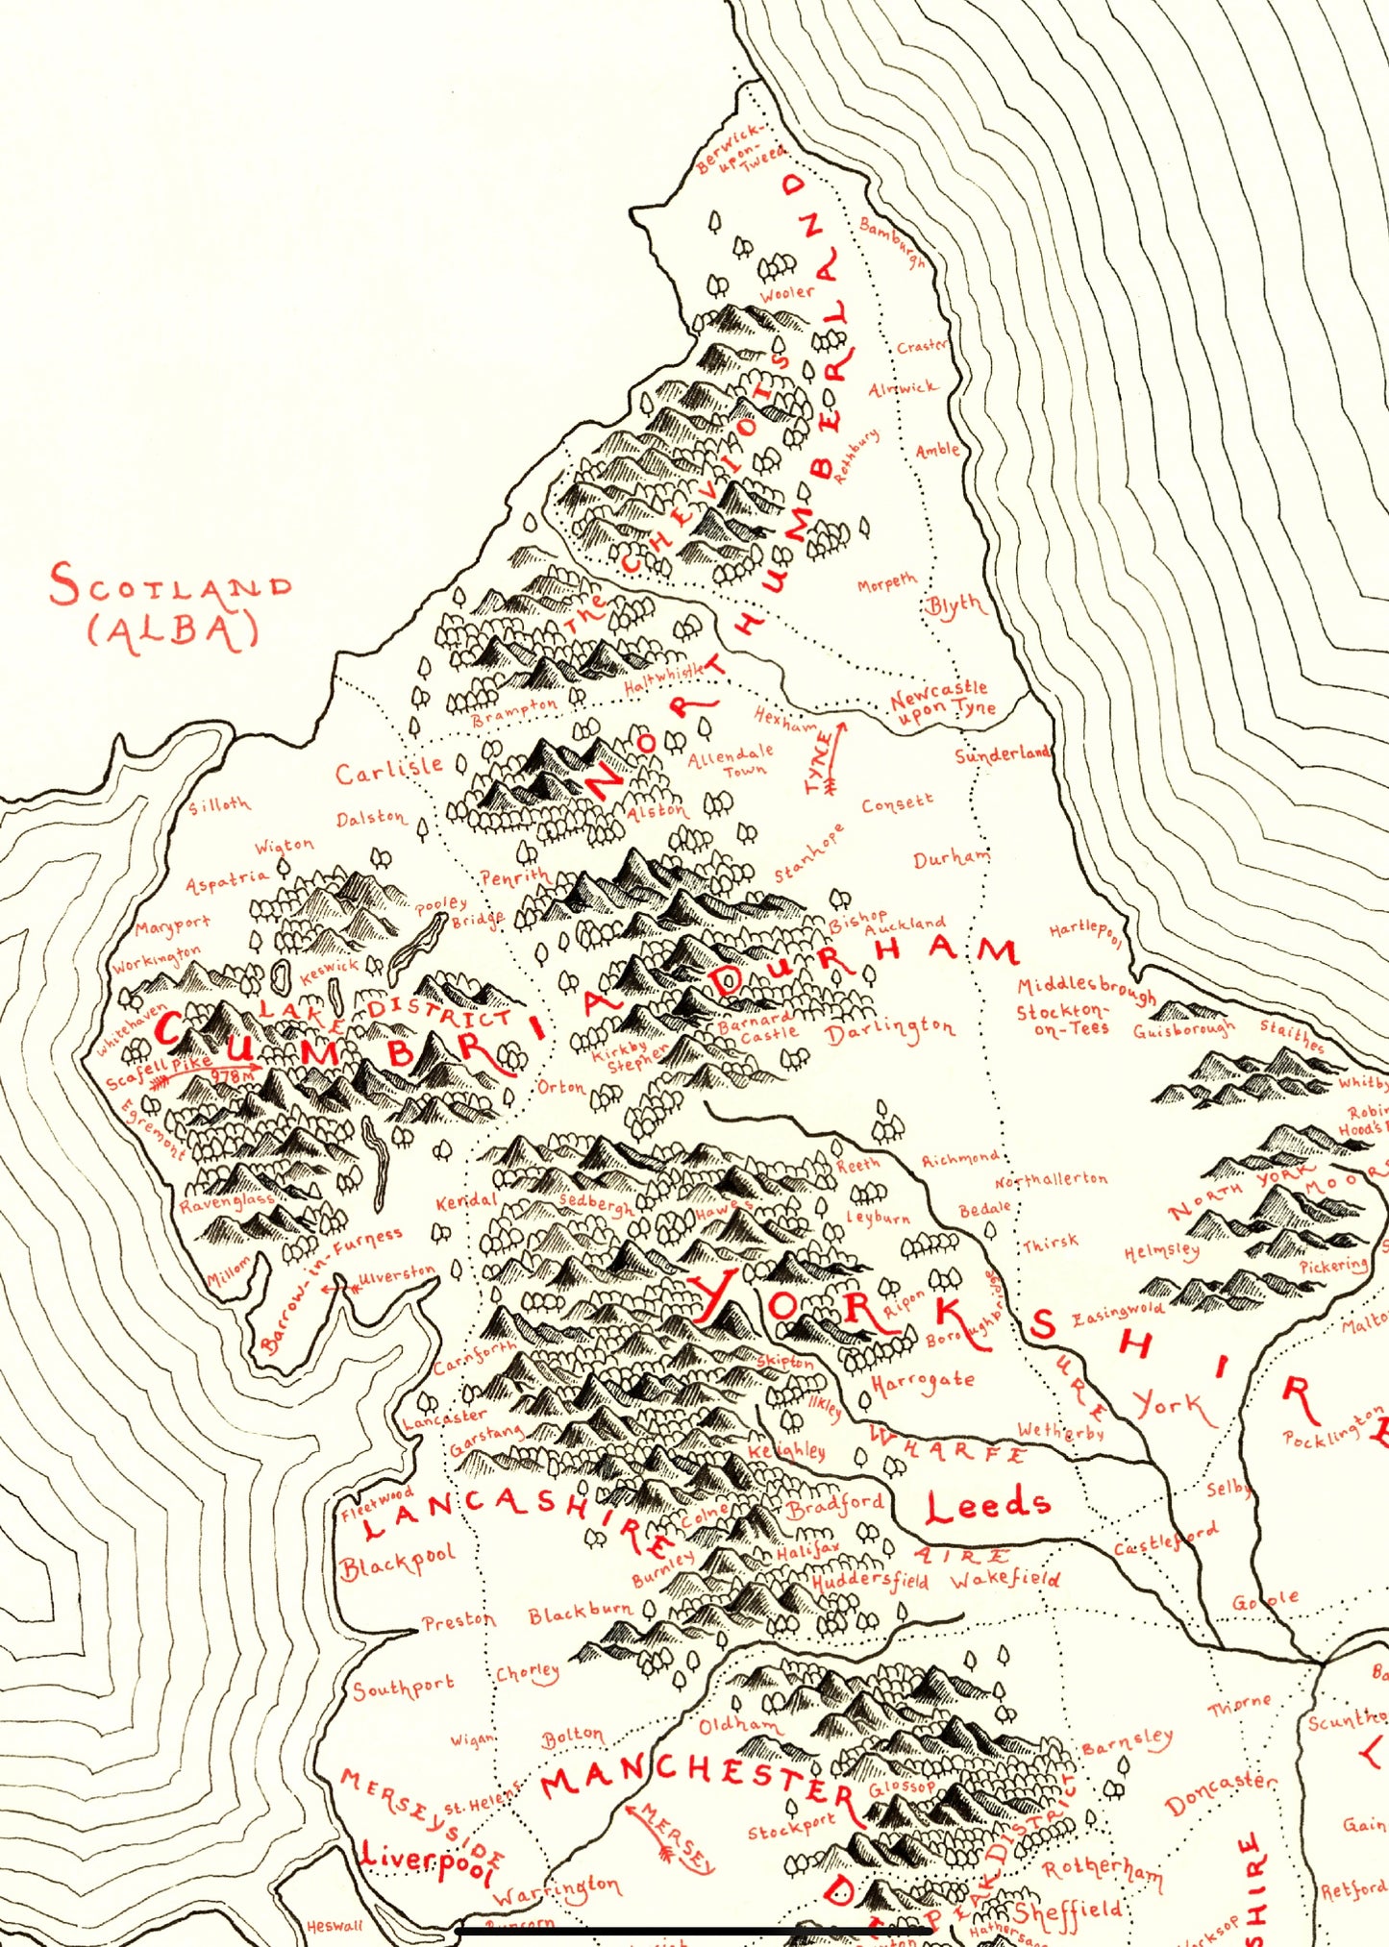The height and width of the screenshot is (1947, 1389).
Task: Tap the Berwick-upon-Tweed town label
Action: tap(741, 149)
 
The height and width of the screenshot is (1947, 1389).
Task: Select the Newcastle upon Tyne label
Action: tap(941, 702)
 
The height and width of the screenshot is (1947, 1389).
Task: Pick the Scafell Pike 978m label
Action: tap(183, 1071)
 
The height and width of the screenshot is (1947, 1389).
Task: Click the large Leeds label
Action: tap(987, 1507)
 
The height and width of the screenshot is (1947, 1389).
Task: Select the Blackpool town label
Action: tap(397, 1565)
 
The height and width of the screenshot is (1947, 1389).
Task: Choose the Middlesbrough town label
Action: tap(1085, 989)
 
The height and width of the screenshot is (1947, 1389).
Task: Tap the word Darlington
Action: tap(890, 1031)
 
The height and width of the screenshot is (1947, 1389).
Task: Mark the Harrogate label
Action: tap(922, 1383)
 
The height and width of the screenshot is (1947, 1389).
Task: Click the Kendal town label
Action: tap(466, 1201)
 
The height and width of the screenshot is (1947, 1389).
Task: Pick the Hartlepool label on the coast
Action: tap(1085, 934)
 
